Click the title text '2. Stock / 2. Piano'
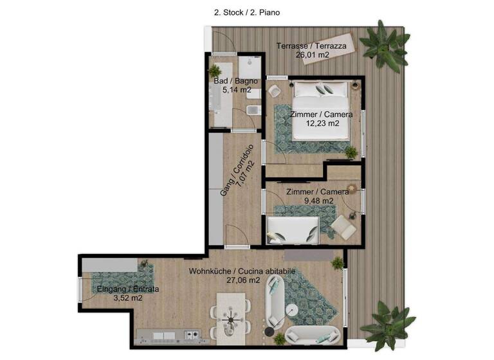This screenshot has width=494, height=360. (246, 12)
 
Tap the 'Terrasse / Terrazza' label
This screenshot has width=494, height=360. (311, 46)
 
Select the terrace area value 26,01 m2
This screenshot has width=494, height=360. (312, 55)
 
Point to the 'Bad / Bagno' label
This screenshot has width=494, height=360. (235, 81)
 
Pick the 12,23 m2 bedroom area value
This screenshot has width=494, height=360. (322, 124)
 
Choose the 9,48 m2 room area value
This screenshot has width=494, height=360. (318, 201)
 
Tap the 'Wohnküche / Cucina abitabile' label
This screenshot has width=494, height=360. (242, 271)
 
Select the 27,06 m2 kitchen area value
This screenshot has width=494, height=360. (242, 280)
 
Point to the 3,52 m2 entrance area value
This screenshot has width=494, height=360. (128, 298)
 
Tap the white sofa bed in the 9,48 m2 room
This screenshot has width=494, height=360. (293, 229)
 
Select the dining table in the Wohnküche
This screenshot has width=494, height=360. (231, 315)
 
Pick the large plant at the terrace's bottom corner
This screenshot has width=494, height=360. (387, 326)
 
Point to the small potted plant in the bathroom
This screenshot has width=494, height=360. (214, 71)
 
